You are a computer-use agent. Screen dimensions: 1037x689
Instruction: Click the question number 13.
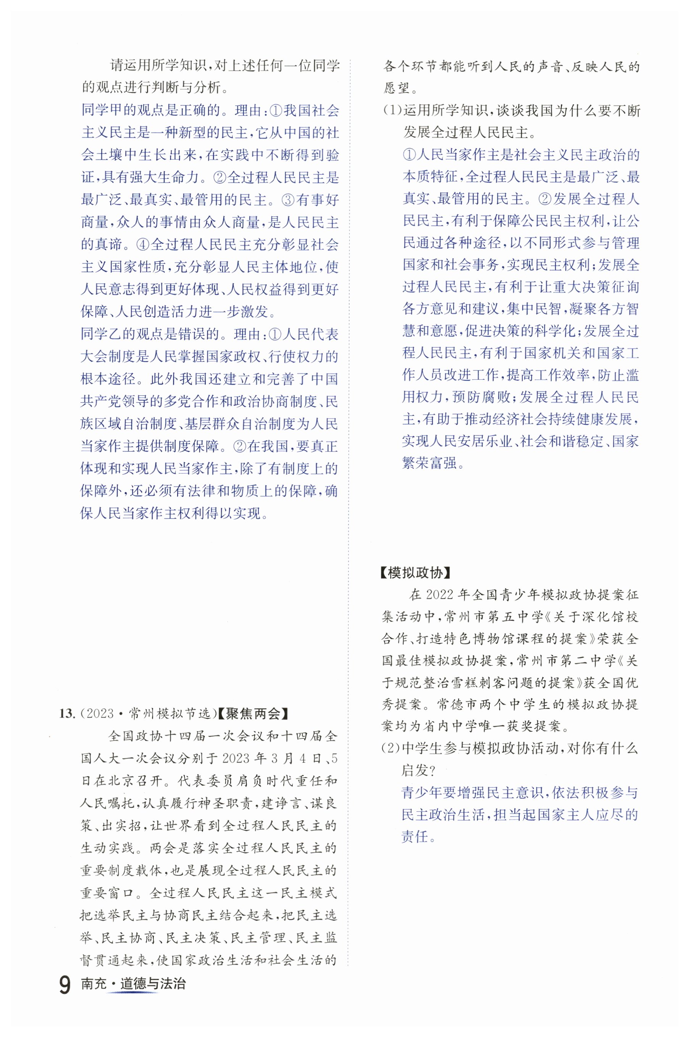tap(67, 713)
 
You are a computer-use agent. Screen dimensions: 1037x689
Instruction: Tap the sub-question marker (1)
tap(393, 110)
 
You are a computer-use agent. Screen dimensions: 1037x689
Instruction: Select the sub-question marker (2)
tap(391, 748)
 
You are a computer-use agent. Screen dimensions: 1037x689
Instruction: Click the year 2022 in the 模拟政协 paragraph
tap(440, 594)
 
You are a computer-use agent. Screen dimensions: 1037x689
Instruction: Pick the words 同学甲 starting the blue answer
tap(102, 110)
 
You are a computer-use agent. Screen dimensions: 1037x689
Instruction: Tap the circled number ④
tap(143, 245)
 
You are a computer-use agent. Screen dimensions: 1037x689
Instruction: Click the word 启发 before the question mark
tap(413, 770)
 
